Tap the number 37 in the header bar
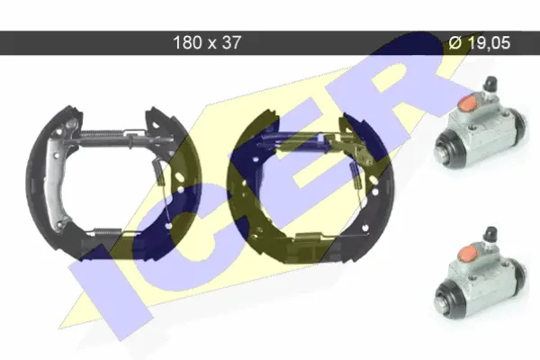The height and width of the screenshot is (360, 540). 231,42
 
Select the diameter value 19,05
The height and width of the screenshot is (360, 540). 489,43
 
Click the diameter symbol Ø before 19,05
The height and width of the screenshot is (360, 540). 454,43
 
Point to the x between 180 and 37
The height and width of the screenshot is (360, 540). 211,44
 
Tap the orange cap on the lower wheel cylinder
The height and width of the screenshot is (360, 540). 467,253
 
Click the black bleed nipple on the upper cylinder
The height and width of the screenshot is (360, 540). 490,84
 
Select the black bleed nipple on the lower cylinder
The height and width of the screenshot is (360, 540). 490,234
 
